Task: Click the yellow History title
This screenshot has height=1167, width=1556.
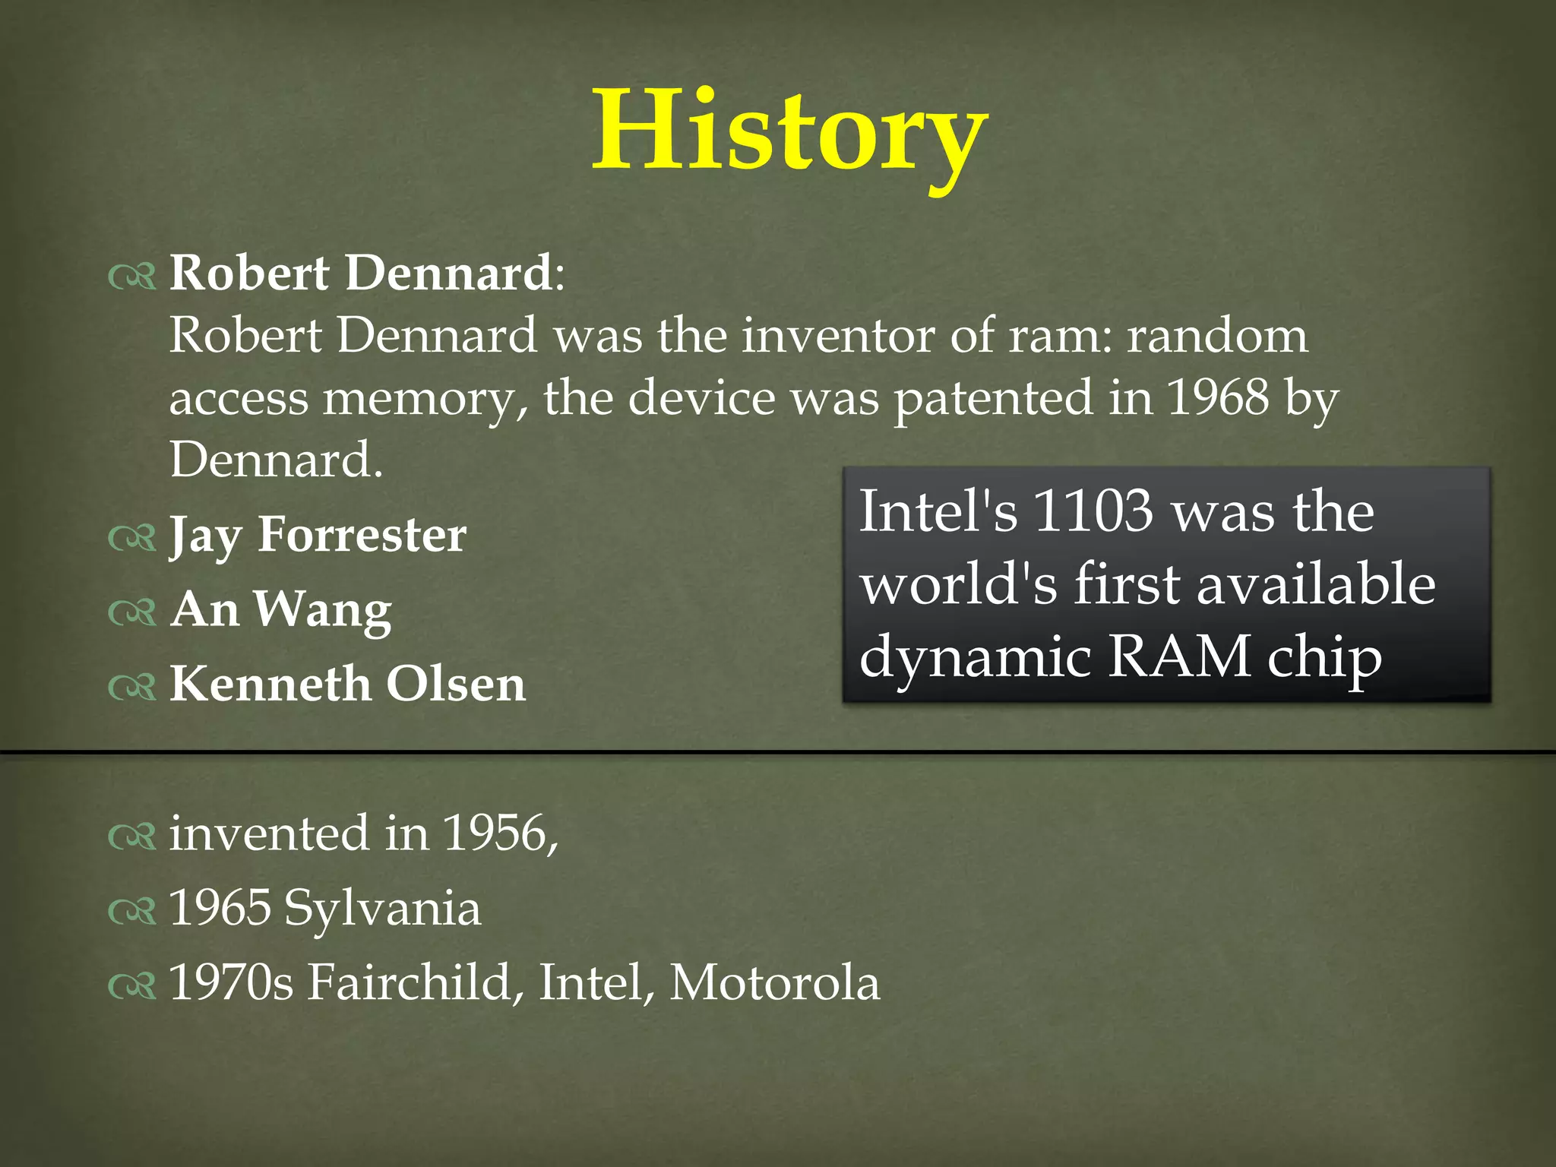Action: click(x=790, y=133)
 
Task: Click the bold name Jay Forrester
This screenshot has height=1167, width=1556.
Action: click(x=318, y=535)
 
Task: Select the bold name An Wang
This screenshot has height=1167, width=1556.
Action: click(x=281, y=609)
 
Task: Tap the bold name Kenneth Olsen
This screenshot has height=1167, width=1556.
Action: click(x=347, y=684)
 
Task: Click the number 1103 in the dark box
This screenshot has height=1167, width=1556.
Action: click(x=1094, y=511)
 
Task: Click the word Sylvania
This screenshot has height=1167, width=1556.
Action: click(x=382, y=909)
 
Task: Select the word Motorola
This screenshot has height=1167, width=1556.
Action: click(x=774, y=983)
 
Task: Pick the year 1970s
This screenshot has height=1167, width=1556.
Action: click(x=231, y=983)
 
